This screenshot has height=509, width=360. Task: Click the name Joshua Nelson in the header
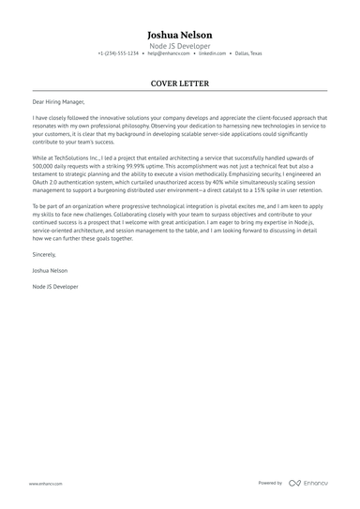click(x=180, y=32)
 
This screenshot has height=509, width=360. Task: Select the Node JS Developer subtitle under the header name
click(x=180, y=45)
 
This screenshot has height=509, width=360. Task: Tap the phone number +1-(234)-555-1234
click(x=118, y=54)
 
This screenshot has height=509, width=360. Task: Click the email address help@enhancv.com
click(x=166, y=54)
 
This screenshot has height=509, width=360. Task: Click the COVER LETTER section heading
click(x=180, y=83)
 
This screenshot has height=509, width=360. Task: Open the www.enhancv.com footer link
click(x=45, y=484)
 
